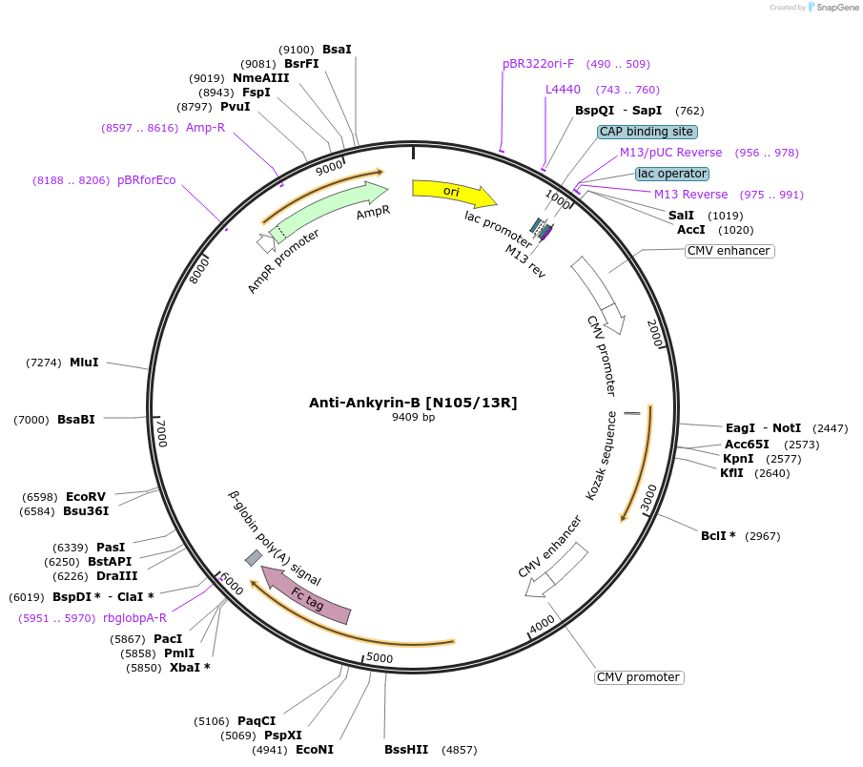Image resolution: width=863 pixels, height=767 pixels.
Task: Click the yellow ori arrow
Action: click(453, 192)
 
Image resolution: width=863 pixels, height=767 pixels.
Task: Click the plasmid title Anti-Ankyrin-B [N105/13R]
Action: click(413, 403)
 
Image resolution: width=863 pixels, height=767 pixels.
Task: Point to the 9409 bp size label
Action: click(413, 418)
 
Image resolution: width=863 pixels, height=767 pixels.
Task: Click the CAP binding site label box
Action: click(647, 132)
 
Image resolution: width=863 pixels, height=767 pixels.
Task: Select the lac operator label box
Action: click(672, 174)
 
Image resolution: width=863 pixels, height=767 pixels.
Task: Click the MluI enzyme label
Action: click(84, 363)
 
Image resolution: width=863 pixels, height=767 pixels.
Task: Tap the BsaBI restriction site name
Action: click(76, 420)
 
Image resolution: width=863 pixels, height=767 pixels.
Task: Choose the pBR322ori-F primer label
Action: click(539, 64)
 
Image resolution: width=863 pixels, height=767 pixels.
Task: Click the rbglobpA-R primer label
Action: click(134, 617)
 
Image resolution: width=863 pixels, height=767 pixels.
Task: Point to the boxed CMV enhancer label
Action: click(729, 251)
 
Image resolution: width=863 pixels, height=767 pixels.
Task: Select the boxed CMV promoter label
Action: click(638, 677)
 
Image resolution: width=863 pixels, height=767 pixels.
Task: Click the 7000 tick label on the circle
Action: click(161, 434)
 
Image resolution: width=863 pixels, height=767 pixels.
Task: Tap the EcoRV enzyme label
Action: click(86, 497)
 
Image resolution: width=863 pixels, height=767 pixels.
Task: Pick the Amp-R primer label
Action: click(205, 128)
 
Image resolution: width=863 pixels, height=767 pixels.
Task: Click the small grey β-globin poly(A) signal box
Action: click(254, 557)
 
